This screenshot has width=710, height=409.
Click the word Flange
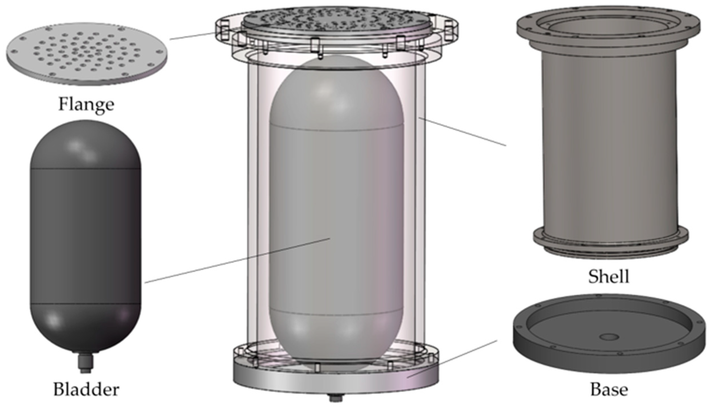click(86, 104)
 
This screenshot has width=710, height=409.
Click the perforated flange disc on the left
click(87, 54)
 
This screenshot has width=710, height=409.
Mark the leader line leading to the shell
click(463, 132)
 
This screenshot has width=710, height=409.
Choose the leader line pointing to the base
click(454, 358)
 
